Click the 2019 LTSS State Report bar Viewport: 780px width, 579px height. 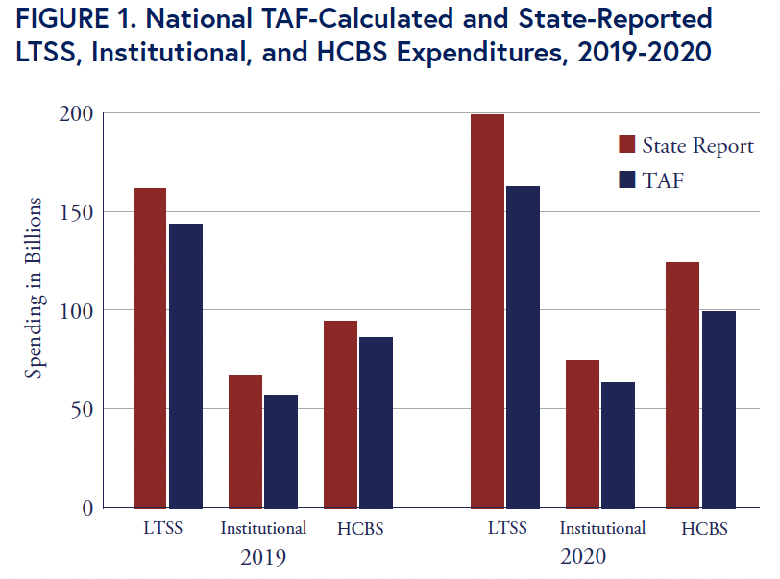(x=150, y=349)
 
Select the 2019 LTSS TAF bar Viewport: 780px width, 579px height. (x=185, y=366)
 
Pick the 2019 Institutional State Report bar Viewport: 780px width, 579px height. (x=245, y=442)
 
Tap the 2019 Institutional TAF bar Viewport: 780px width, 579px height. (x=281, y=451)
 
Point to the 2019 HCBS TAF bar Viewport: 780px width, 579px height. (x=377, y=422)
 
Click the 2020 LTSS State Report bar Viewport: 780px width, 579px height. (x=488, y=311)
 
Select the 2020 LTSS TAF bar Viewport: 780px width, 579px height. (x=523, y=348)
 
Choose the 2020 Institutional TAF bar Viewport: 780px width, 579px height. (x=618, y=446)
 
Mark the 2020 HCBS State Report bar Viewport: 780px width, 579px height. (x=682, y=385)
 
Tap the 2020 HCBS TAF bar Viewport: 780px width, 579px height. (x=719, y=410)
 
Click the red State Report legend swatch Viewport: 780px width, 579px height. (x=626, y=144)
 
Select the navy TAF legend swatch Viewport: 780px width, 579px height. (x=626, y=180)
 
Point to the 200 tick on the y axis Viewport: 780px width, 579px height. (x=76, y=114)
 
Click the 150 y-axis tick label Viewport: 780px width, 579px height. (x=76, y=212)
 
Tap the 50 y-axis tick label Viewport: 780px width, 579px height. (x=82, y=409)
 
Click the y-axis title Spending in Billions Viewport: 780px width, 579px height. (x=35, y=288)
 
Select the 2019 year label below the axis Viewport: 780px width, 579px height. (x=262, y=557)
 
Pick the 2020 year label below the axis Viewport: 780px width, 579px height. (x=582, y=556)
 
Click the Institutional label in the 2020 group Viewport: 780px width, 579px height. (x=602, y=528)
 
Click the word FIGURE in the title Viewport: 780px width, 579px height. (x=62, y=19)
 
